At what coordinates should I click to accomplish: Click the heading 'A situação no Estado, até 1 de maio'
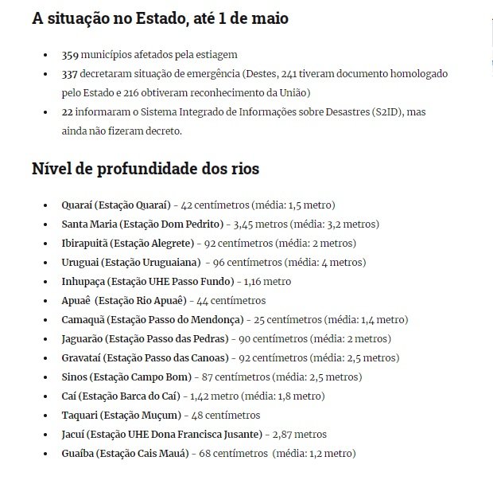[x=160, y=18]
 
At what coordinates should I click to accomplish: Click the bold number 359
[x=71, y=55]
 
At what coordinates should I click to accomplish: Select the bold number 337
[x=71, y=73]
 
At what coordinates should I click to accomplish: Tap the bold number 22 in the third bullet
[x=68, y=112]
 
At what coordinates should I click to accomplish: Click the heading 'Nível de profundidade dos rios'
[x=146, y=169]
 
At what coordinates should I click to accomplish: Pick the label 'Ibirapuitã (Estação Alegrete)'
[x=128, y=243]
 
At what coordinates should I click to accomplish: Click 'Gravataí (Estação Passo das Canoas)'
[x=146, y=357]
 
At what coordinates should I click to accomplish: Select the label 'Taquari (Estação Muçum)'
[x=121, y=415]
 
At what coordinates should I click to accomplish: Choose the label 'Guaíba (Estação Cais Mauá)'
[x=125, y=453]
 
